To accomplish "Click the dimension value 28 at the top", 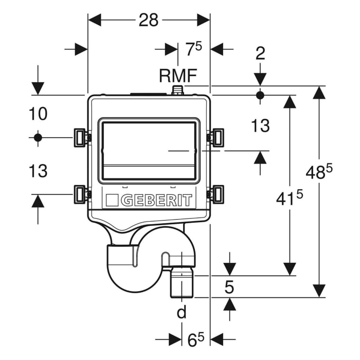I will [149, 20].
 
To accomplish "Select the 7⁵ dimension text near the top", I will [193, 49].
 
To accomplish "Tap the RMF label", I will [177, 76].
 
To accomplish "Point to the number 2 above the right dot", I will [260, 53].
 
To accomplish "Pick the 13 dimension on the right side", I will [260, 125].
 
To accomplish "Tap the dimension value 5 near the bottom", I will [229, 287].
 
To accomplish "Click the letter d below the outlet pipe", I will [181, 312].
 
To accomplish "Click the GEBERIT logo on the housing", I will [149, 200].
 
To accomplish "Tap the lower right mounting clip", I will [217, 194].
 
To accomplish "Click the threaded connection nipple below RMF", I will [178, 91].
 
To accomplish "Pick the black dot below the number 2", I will [260, 95].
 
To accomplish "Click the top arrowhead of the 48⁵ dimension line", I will [319, 93].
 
